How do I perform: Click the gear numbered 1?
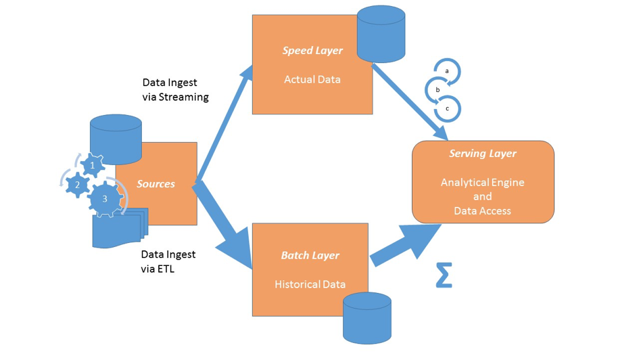(x=92, y=164)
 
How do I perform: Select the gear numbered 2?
(x=78, y=185)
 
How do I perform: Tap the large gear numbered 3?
(x=104, y=199)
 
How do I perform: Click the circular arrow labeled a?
(x=447, y=70)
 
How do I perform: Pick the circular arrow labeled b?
(x=438, y=89)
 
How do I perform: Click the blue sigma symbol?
(x=443, y=275)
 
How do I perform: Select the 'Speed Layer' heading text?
(x=312, y=51)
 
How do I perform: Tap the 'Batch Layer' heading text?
(x=310, y=255)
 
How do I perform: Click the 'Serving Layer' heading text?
(x=483, y=154)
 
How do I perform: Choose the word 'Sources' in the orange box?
(x=156, y=183)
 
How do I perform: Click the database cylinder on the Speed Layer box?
(x=381, y=32)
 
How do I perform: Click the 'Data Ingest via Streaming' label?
(x=175, y=89)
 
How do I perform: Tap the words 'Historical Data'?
(x=310, y=284)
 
